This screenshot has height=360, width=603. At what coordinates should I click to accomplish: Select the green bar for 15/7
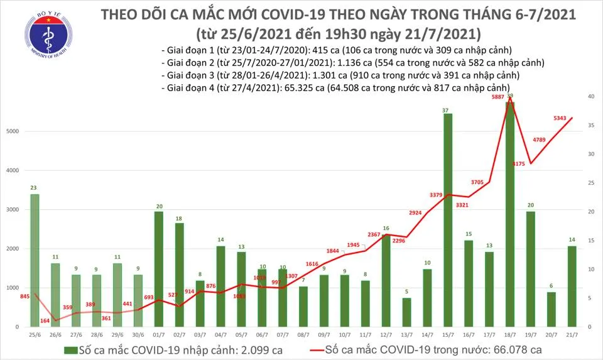point(447,220)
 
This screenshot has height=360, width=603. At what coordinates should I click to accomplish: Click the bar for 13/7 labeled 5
point(406,312)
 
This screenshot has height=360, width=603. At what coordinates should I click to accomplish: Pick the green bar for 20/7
point(551,309)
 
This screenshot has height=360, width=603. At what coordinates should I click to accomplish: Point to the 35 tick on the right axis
point(591,126)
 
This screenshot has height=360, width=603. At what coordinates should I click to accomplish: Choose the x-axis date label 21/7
point(572,334)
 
